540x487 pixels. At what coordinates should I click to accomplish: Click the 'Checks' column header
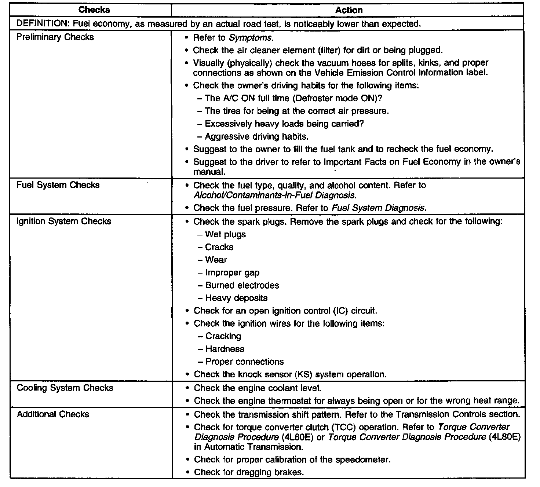(x=94, y=10)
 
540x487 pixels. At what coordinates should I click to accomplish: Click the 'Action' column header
(x=349, y=10)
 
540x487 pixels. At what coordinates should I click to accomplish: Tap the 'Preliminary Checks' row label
(x=55, y=37)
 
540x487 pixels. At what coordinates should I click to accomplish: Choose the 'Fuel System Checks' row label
(x=58, y=185)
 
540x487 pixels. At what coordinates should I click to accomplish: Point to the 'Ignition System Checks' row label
(x=64, y=221)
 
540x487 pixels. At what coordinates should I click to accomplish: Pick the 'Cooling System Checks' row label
(x=65, y=388)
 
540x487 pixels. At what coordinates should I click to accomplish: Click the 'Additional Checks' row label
(x=53, y=414)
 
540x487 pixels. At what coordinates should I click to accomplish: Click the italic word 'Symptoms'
(x=251, y=37)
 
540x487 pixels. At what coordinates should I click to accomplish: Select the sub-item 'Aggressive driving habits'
(x=256, y=136)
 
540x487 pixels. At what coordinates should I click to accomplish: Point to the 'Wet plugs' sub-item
(x=225, y=234)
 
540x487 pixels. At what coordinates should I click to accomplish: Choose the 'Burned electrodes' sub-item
(x=242, y=285)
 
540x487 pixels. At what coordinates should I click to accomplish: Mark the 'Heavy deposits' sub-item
(x=236, y=298)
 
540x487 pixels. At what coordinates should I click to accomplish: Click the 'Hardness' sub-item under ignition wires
(x=225, y=349)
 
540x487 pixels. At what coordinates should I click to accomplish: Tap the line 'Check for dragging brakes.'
(x=249, y=472)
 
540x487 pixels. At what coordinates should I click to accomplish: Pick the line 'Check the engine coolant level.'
(x=258, y=388)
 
